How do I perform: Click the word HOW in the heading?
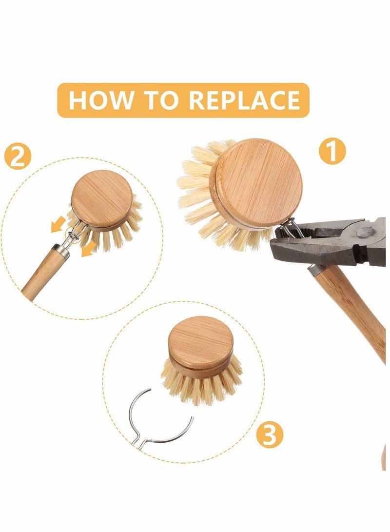click(100, 100)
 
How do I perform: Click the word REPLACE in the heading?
click(244, 100)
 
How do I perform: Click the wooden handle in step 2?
click(41, 276)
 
